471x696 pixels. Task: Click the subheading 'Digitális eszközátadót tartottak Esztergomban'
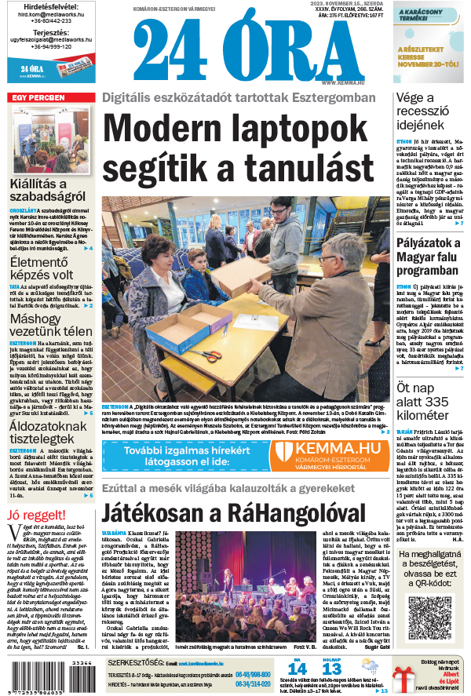pos(239,98)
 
